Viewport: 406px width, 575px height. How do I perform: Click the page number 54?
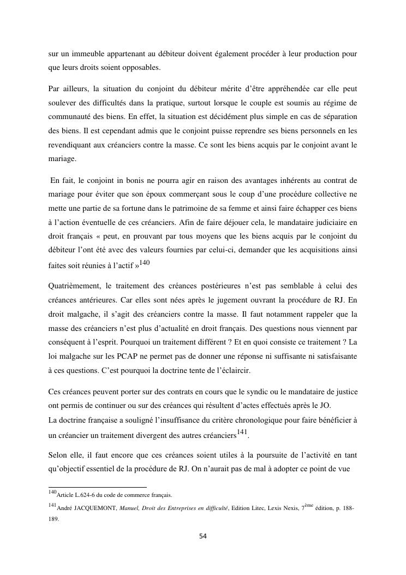pyautogui.click(x=202, y=536)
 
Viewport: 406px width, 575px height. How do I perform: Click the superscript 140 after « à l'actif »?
pyautogui.click(x=144, y=263)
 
